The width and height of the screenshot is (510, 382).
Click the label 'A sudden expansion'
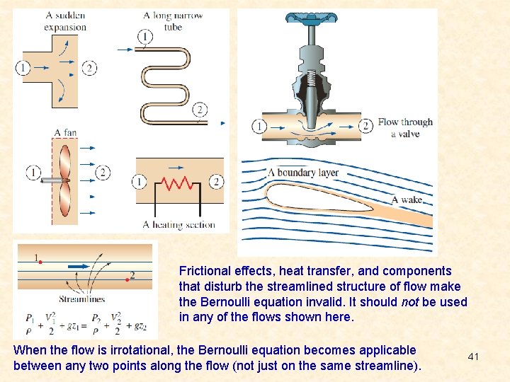click(x=65, y=21)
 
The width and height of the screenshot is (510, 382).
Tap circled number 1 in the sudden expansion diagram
click(x=23, y=68)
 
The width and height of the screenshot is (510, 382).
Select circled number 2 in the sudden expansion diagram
click(x=89, y=68)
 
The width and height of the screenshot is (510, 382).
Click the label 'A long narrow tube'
click(x=173, y=21)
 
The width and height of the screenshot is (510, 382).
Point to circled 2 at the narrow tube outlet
click(x=200, y=110)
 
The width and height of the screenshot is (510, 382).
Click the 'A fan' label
click(x=65, y=132)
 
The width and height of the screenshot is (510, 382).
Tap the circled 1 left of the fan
click(x=34, y=172)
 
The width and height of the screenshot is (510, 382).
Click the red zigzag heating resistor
click(x=177, y=184)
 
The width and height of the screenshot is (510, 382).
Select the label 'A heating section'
click(x=178, y=224)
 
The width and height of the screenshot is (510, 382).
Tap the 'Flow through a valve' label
click(x=404, y=127)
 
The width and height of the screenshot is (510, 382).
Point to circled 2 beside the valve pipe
click(x=365, y=127)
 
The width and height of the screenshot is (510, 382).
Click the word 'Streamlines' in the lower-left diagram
click(x=81, y=299)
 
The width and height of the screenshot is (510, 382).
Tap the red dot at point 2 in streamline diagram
click(x=127, y=280)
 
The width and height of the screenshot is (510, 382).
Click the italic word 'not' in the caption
click(x=410, y=302)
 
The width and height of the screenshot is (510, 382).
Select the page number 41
click(x=473, y=357)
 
